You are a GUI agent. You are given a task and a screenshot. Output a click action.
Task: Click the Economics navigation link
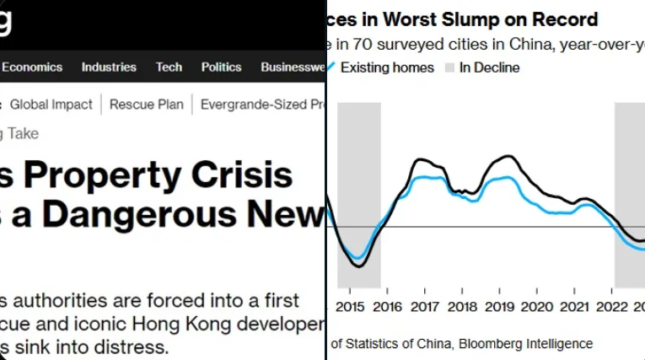coord(32,67)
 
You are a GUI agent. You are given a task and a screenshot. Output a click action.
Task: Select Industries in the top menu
coord(109,67)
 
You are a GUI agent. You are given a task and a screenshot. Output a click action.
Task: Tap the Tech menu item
coord(169,67)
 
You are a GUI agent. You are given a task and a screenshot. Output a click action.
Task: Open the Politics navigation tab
coord(221,67)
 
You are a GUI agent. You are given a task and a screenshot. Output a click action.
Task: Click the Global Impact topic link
coord(51,105)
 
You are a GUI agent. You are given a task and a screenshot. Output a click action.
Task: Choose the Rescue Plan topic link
coord(146,105)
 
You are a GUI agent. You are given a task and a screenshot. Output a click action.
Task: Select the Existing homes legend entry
coord(387,67)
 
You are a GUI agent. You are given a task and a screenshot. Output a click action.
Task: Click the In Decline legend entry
coord(489,67)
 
